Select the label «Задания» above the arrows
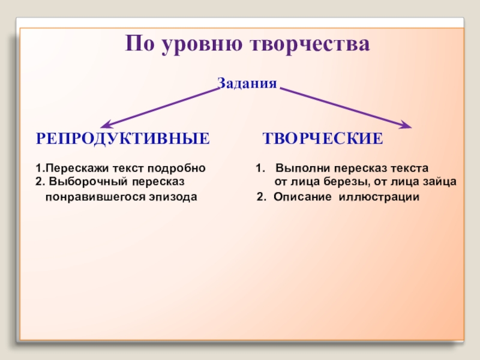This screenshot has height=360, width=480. pyautogui.click(x=247, y=83)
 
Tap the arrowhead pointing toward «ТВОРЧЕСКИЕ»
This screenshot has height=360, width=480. pyautogui.click(x=406, y=125)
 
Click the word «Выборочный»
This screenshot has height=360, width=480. pyautogui.click(x=88, y=181)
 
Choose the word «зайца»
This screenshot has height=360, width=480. pyautogui.click(x=440, y=181)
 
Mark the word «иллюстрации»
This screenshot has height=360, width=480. pyautogui.click(x=379, y=196)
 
